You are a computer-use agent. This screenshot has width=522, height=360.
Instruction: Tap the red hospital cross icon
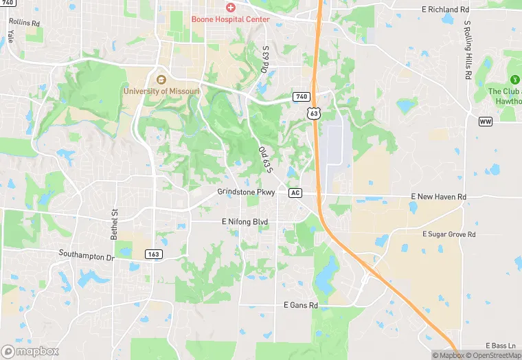point(231,8)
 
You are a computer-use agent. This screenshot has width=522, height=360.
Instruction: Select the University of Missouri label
point(161,91)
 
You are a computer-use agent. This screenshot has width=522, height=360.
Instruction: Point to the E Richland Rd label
point(444,10)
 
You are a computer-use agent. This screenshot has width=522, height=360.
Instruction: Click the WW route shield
point(486,121)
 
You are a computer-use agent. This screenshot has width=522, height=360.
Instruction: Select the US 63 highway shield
point(313,113)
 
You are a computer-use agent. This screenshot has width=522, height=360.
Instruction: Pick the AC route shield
point(295,193)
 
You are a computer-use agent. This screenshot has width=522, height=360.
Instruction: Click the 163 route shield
point(153,254)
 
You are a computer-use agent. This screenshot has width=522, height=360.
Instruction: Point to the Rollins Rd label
point(25,23)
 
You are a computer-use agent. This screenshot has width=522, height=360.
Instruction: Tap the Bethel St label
point(115,224)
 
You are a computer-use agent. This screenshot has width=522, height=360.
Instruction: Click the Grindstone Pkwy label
point(246,192)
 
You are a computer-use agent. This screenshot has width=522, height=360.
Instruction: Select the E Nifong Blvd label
point(245,222)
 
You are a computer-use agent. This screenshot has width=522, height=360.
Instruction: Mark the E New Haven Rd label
point(438,197)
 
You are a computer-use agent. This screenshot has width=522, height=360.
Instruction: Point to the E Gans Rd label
point(301,305)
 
